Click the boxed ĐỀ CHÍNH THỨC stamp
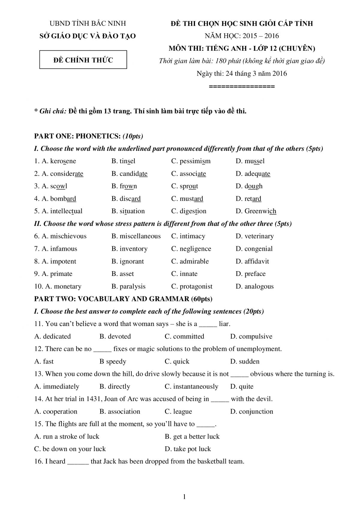coord(83,60)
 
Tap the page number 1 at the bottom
coord(184,497)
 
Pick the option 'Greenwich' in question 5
coord(260,211)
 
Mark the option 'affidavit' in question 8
coord(256,261)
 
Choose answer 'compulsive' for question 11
coord(255,337)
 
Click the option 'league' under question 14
coord(182,412)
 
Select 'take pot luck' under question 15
coord(192,449)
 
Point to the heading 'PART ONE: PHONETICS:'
coord(77,136)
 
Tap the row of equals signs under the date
coord(241,87)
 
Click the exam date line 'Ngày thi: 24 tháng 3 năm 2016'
coord(241,73)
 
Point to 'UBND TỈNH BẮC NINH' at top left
coord(88,23)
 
